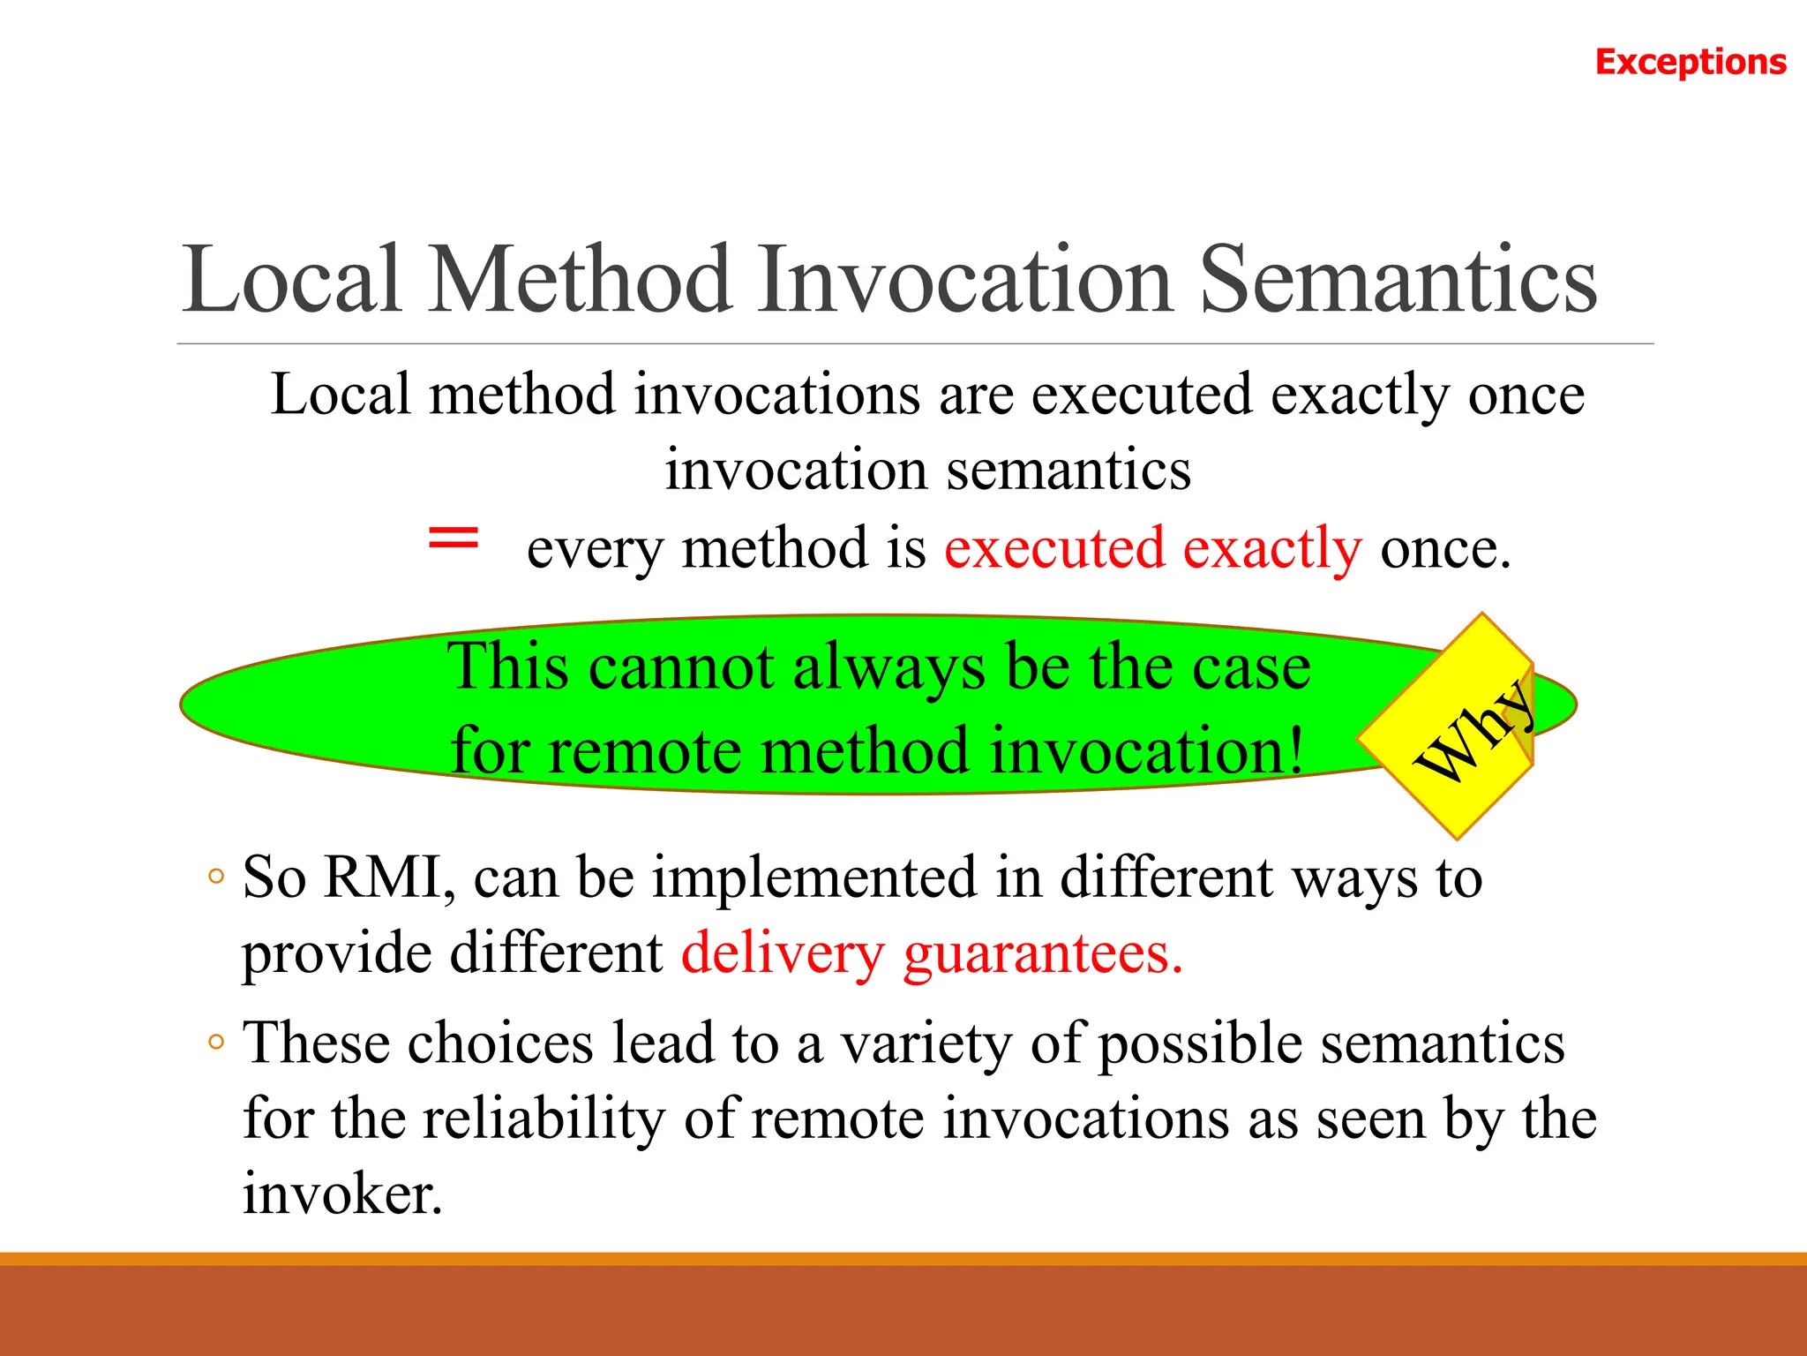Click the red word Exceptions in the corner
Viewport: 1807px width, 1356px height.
pos(1691,62)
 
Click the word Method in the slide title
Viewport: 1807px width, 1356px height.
pos(581,280)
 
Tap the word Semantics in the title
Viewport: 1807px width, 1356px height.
pos(1398,280)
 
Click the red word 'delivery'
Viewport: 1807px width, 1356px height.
pos(783,954)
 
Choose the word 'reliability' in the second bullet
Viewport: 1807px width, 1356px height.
pos(544,1119)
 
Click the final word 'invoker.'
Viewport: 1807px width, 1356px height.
pos(342,1194)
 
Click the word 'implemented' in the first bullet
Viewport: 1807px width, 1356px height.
pos(814,878)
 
